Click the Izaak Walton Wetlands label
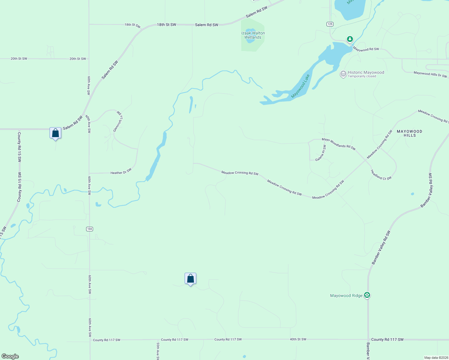(253, 35)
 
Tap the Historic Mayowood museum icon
(343, 74)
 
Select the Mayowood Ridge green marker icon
(367, 295)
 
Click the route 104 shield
(89, 229)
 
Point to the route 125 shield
(330, 24)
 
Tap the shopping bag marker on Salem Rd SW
(56, 133)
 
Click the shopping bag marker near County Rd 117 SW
(190, 279)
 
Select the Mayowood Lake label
(300, 86)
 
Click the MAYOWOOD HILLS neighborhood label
(409, 133)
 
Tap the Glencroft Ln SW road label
(118, 121)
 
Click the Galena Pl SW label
(321, 153)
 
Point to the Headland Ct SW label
(381, 175)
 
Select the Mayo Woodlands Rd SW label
(339, 144)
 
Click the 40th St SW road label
(298, 339)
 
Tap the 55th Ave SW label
(158, 351)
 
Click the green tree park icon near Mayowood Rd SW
(350, 39)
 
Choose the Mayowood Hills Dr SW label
(430, 74)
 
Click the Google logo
(10, 356)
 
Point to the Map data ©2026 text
(436, 358)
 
